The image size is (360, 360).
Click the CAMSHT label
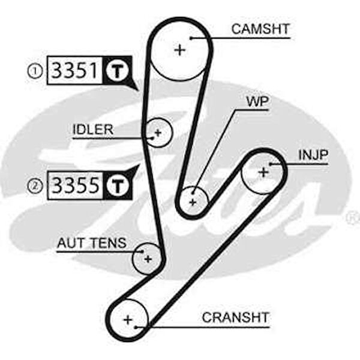coord(260,28)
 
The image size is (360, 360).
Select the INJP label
coord(313,155)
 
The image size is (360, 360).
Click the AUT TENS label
coord(92,243)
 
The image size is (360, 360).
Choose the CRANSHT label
coord(236,317)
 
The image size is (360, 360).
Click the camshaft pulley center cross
coord(179,50)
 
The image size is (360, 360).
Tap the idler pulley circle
coord(158,131)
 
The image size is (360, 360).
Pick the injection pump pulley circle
coord(263,173)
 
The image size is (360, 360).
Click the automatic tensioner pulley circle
coord(148,259)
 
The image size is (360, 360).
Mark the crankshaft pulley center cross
coord(127,320)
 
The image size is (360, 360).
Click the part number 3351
coord(74,71)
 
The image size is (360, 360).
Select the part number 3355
coord(74,185)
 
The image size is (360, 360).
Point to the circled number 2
coord(34,186)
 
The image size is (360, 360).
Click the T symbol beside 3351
coord(118,71)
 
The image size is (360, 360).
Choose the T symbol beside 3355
coord(118,185)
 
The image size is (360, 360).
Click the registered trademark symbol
coord(353,219)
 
